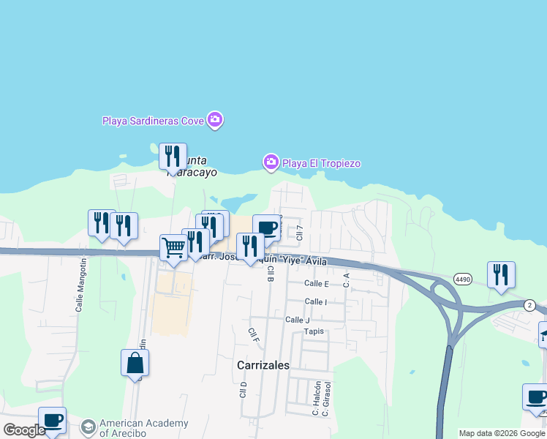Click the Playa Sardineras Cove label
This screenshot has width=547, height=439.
153,121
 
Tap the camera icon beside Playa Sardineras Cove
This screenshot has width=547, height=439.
214,120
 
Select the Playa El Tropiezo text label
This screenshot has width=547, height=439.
322,163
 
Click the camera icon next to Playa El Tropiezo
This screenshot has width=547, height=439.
271,162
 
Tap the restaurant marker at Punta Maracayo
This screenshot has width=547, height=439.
173,156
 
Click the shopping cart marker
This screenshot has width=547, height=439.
173,247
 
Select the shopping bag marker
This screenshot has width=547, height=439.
135,362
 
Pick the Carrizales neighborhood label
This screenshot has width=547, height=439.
263,364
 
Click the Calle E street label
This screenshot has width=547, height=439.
317,283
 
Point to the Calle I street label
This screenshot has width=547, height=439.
316,301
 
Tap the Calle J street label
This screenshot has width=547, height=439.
298,320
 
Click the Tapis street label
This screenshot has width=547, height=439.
314,331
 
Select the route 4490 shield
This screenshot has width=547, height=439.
462,279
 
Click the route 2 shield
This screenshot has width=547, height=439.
529,304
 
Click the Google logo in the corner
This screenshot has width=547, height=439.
24,430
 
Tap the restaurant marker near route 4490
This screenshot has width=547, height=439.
501,274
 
